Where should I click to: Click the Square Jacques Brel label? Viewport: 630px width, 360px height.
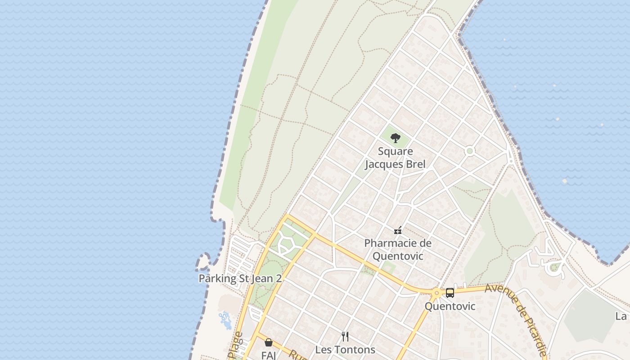point(395,158)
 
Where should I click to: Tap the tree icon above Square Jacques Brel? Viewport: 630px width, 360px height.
point(395,138)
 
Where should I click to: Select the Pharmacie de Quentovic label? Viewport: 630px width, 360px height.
point(397,250)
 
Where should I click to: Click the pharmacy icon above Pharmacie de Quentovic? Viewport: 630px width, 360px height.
point(397,231)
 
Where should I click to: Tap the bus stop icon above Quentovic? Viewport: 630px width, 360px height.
point(450,293)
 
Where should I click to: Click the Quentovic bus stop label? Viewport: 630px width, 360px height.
point(450,306)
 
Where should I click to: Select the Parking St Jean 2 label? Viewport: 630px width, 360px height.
point(240,279)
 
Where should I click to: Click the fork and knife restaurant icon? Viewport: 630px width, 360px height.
point(345,336)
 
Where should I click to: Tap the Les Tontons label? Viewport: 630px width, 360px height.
point(345,350)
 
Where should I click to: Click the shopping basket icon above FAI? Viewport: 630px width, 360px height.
point(269,342)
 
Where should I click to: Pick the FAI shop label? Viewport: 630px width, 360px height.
point(268,355)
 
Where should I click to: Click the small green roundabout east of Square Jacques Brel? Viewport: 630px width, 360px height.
point(470,151)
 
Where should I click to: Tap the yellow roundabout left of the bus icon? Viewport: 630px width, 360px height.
point(436,293)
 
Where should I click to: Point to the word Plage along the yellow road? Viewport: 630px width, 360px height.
point(237,346)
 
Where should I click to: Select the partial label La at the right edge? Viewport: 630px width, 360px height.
point(621,316)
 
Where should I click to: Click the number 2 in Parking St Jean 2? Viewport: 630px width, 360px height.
point(279,279)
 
